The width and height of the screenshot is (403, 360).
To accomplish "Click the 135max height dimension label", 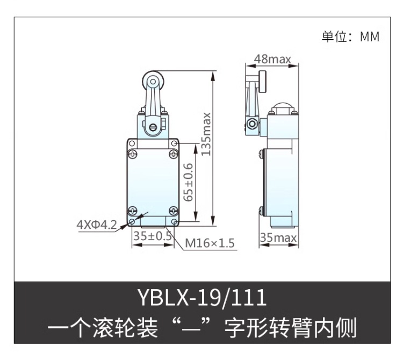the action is (x=206, y=134).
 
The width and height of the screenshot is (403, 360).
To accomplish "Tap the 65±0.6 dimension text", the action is (x=189, y=182).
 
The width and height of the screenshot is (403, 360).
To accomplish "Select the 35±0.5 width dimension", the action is (x=153, y=236).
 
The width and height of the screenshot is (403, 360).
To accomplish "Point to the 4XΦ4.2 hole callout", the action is (x=97, y=225).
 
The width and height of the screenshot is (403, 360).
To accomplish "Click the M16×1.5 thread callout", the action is (x=210, y=243).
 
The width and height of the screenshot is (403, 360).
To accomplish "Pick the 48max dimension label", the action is (x=272, y=59).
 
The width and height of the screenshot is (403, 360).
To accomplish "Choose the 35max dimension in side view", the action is (x=278, y=237).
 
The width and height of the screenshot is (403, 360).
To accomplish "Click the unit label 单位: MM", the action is (x=350, y=37).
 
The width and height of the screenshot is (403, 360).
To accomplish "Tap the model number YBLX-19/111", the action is (x=202, y=297).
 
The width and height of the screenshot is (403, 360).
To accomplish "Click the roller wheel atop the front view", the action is (x=153, y=82).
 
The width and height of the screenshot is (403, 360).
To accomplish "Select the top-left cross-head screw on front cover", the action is (x=133, y=154).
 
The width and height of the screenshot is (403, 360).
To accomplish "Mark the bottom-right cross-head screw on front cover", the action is (x=174, y=211).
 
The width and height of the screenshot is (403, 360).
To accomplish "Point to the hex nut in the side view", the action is (x=251, y=124).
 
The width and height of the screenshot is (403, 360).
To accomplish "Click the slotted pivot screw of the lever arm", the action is (x=153, y=127).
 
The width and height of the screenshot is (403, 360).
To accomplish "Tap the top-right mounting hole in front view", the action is (x=174, y=143).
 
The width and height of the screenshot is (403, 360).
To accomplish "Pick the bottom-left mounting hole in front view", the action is (x=132, y=221).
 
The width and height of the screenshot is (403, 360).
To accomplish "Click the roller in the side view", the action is (x=263, y=82).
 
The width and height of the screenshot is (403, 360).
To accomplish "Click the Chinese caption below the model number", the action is (x=202, y=328).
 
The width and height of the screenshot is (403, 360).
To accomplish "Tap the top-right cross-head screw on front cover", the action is (x=174, y=154).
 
